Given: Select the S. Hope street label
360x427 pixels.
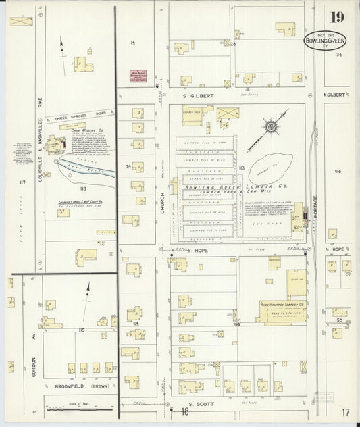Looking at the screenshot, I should pyautogui.click(x=195, y=250).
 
